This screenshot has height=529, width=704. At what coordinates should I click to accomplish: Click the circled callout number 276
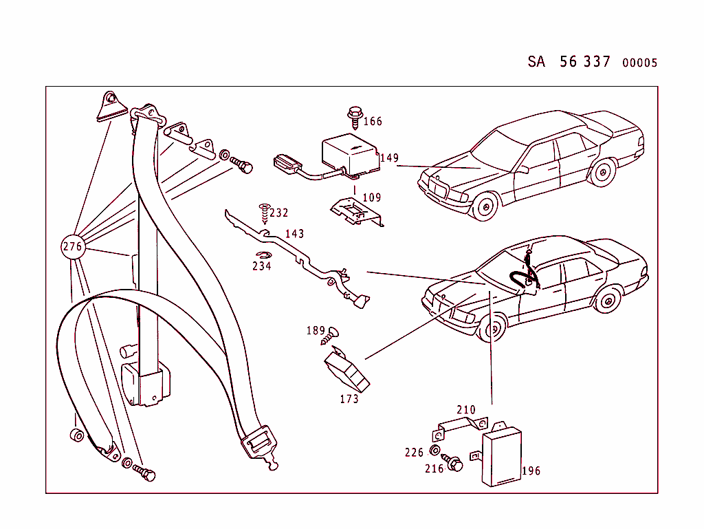pyautogui.click(x=72, y=246)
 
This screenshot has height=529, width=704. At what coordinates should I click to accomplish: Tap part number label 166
pyautogui.click(x=373, y=122)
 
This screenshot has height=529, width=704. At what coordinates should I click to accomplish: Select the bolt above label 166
pyautogui.click(x=355, y=116)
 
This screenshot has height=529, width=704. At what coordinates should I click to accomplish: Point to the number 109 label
pyautogui.click(x=371, y=198)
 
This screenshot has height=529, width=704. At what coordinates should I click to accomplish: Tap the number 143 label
pyautogui.click(x=294, y=235)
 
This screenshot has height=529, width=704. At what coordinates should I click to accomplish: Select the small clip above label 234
pyautogui.click(x=263, y=256)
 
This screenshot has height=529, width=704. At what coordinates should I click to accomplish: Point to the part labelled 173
pyautogui.click(x=347, y=371)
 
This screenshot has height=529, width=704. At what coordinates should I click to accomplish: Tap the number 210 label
pyautogui.click(x=466, y=410)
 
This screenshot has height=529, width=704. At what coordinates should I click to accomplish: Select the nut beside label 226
pyautogui.click(x=434, y=451)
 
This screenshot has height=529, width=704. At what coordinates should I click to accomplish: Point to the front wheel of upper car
pyautogui.click(x=486, y=206)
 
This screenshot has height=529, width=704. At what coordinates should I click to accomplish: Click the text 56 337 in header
pyautogui.click(x=584, y=62)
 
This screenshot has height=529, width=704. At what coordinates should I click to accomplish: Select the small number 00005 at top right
pyautogui.click(x=639, y=63)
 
